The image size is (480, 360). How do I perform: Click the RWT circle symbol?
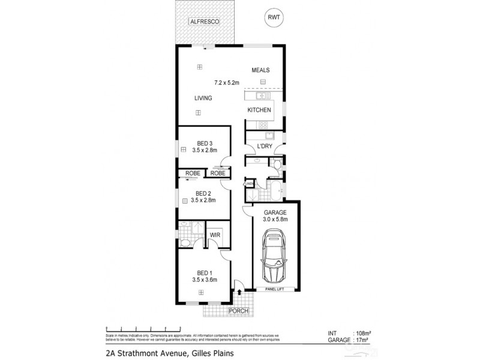(275, 18)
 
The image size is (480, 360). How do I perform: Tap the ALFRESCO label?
(204, 22)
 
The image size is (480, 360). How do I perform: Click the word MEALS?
(261, 70)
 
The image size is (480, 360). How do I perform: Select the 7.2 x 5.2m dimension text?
(227, 83)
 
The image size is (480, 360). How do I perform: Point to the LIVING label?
(203, 98)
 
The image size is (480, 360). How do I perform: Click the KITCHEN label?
(260, 110)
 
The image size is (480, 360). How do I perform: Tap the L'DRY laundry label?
(265, 146)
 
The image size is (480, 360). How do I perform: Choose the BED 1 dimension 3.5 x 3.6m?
(205, 280)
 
